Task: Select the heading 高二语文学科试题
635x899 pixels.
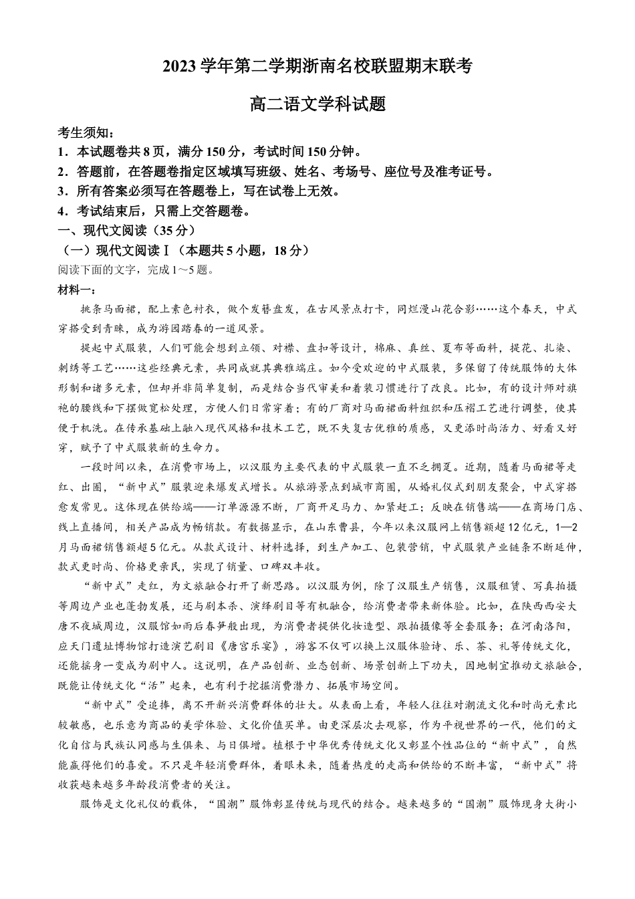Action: click(317, 105)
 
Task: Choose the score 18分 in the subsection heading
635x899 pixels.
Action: click(290, 250)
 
